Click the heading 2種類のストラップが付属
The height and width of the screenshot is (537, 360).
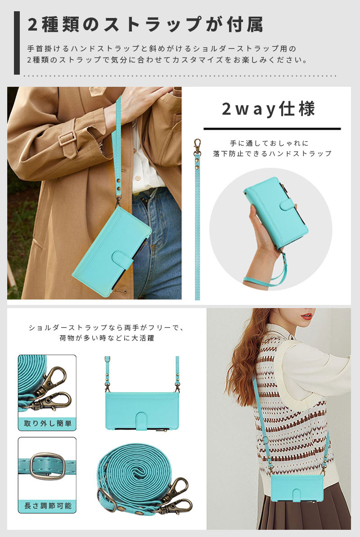(x=145, y=25)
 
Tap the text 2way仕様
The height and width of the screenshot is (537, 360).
(x=268, y=109)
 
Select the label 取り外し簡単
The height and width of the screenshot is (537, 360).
(x=48, y=423)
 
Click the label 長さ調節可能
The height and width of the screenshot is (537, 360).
(x=48, y=506)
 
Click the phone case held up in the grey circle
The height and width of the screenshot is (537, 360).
(x=276, y=212)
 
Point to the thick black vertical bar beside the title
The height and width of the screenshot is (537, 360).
(x=17, y=43)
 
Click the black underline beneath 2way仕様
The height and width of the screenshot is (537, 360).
(x=272, y=129)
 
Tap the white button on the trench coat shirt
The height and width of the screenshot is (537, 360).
(x=138, y=179)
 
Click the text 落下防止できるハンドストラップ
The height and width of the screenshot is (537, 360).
(x=272, y=154)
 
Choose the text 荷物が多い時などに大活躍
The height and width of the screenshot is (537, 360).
(x=107, y=338)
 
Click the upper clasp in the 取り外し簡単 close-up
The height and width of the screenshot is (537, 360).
(x=55, y=380)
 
